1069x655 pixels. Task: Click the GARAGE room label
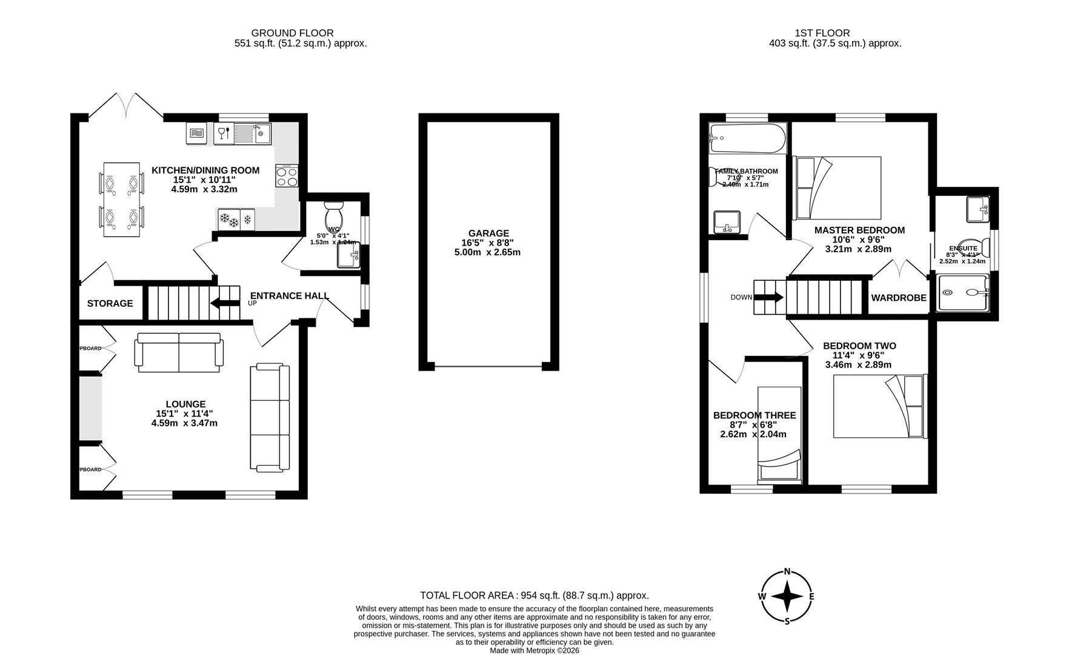[x=488, y=233]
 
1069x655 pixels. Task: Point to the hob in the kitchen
[x=287, y=176]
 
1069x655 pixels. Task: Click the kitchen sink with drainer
[x=252, y=133]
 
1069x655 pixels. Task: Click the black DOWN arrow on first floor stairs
[x=770, y=297]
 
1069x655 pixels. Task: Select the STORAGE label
[x=110, y=303]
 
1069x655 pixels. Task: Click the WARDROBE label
[x=899, y=298]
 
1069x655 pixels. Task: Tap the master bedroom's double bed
[x=838, y=187]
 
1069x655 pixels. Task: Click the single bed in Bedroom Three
[x=780, y=434]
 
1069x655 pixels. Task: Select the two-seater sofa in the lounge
[x=179, y=352]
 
